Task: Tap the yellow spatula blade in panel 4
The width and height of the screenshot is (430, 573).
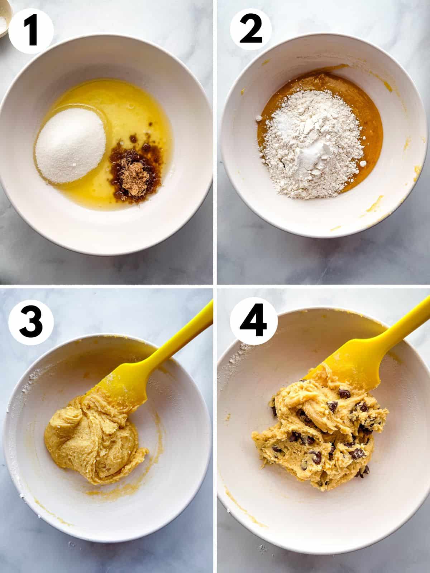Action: tap(351, 369)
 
